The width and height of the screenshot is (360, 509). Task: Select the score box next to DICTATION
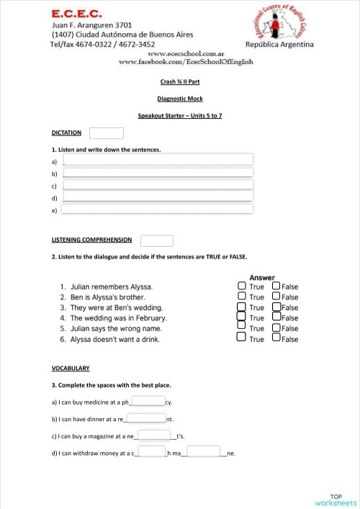(107, 133)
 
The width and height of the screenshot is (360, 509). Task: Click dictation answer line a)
(158, 160)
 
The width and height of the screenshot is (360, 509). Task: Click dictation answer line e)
(158, 210)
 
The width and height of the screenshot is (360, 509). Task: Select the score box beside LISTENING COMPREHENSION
(157, 240)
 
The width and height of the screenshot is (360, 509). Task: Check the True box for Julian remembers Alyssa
(241, 287)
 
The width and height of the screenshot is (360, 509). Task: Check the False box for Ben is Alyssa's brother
(276, 297)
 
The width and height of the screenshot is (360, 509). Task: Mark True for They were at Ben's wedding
(241, 307)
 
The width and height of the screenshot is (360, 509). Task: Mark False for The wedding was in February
(276, 317)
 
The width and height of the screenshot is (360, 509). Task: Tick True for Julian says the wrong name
(241, 328)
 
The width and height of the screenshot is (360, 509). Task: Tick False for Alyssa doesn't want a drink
(276, 339)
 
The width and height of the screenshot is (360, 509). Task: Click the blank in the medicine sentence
(148, 402)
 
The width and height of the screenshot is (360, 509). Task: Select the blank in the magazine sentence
(154, 435)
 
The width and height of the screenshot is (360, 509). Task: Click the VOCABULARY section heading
(71, 368)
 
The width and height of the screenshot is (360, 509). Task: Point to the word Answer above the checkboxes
(262, 277)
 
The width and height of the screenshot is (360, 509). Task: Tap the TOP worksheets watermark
(336, 500)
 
